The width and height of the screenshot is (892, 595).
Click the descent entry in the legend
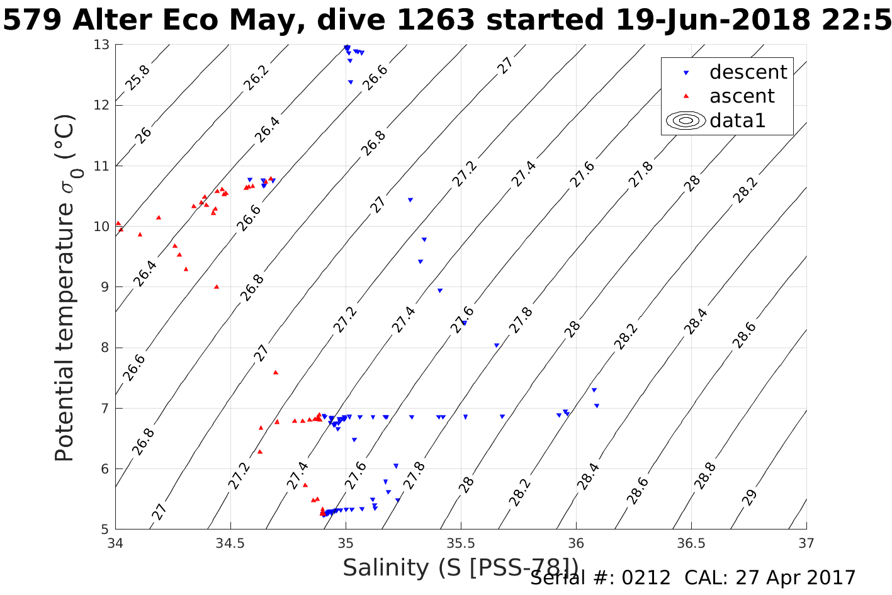pos(748,72)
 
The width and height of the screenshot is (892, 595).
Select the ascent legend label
pos(742,96)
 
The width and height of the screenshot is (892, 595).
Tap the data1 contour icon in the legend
pos(686,120)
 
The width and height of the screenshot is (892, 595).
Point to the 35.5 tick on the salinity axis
pos(461,542)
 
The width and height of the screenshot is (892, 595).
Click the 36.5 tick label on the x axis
pos(691,542)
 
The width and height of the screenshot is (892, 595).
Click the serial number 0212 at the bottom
pos(646,577)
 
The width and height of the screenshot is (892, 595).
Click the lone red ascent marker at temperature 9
pos(217,286)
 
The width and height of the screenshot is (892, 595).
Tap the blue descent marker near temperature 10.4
pos(410,200)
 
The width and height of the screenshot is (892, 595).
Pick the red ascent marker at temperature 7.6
pos(276,372)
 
